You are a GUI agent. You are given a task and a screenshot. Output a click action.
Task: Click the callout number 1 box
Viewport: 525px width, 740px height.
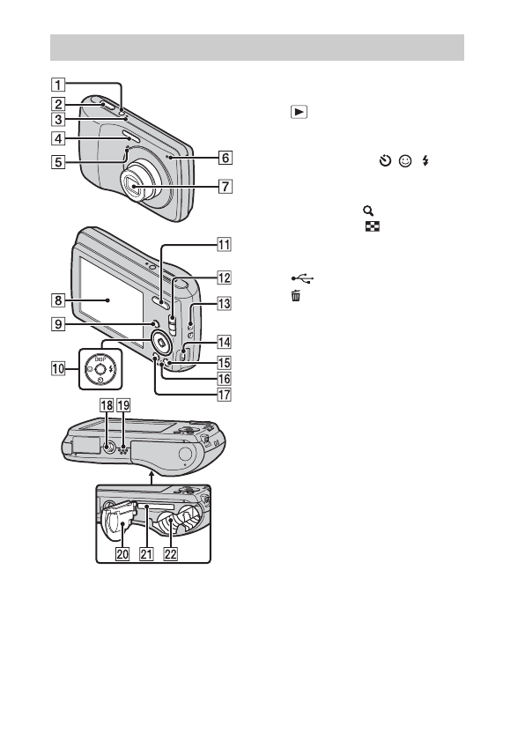pyautogui.click(x=58, y=85)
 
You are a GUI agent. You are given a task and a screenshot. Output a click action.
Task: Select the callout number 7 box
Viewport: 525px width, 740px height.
pyautogui.click(x=226, y=187)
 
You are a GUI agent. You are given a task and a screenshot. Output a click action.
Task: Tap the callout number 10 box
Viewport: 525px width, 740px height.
pyautogui.click(x=58, y=368)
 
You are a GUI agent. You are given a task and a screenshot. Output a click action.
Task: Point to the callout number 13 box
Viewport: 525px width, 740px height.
pyautogui.click(x=224, y=303)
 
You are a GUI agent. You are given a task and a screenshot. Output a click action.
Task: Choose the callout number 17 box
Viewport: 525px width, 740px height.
pyautogui.click(x=224, y=394)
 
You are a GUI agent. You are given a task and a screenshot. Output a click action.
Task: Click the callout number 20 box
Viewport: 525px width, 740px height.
pyautogui.click(x=122, y=553)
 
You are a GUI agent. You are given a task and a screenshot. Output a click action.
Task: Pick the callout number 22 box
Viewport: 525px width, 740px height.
pyautogui.click(x=170, y=553)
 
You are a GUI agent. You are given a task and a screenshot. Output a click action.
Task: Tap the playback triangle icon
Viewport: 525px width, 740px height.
pyautogui.click(x=299, y=112)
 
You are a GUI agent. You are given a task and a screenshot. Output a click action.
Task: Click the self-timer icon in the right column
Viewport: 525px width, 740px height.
pyautogui.click(x=385, y=161)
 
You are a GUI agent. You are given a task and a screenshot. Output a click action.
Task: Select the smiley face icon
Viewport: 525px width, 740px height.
pyautogui.click(x=405, y=161)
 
